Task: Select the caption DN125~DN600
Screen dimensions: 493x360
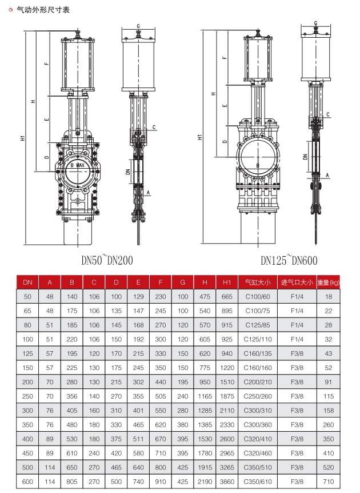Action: pos(289,261)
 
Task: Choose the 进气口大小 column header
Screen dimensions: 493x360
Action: pos(296,283)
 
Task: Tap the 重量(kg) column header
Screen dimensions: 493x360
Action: pos(328,283)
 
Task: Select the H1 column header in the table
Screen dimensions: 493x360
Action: pos(227,283)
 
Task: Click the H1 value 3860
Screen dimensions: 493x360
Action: pos(227,482)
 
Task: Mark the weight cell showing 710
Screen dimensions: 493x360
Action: pos(328,482)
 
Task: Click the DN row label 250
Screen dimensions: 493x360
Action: pos(28,396)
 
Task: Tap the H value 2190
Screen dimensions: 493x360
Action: pos(205,482)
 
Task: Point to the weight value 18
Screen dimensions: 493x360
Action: pos(328,297)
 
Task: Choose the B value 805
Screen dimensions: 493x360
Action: pos(72,482)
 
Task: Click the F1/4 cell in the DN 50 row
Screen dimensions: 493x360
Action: pos(296,297)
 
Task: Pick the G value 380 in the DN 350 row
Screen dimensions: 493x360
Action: pos(182,425)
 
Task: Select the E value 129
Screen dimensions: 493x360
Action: pos(138,297)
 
